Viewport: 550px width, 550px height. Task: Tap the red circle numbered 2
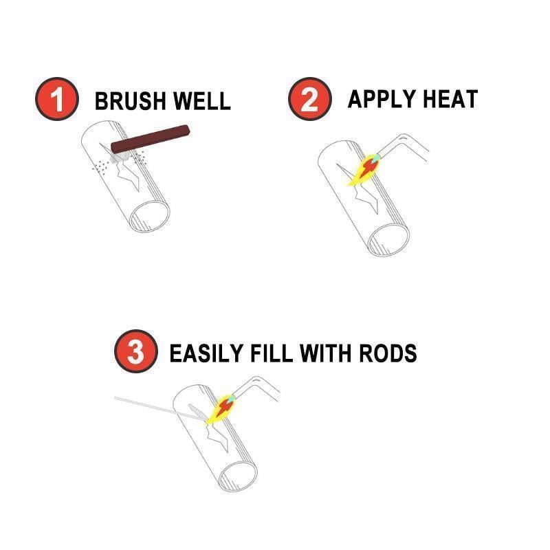(x=309, y=100)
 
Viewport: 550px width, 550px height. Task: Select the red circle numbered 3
(x=136, y=352)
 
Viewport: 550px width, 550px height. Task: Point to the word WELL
(x=203, y=101)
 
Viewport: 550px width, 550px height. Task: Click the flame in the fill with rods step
(x=219, y=409)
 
